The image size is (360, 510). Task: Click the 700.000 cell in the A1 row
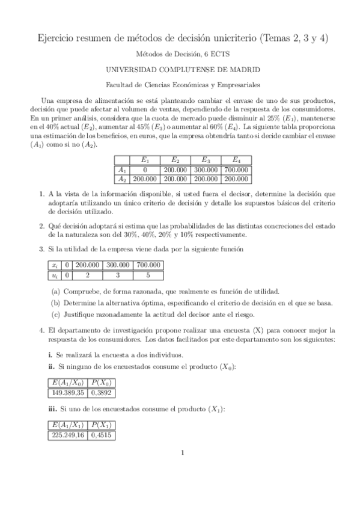(x=237, y=170)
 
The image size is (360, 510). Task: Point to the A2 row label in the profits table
(x=122, y=179)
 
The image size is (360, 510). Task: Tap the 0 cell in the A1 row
(x=145, y=170)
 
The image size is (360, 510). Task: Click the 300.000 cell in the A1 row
(x=206, y=170)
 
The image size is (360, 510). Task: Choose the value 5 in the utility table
(x=148, y=275)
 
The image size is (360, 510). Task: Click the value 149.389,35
(x=67, y=391)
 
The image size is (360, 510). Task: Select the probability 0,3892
(x=103, y=391)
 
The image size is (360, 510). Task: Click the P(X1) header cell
(x=103, y=427)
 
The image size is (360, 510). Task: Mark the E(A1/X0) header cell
(x=67, y=382)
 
